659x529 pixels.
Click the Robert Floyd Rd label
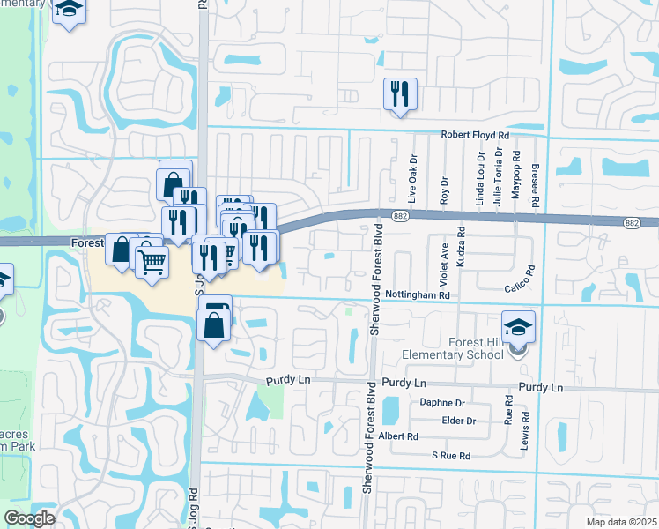476,135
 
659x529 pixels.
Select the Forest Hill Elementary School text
463,348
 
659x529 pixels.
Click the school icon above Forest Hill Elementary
519,326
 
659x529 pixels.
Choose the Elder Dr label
459,421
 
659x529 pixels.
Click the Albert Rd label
398,436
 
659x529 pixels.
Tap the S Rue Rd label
450,455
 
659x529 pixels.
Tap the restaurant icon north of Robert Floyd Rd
400,94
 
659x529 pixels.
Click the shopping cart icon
152,260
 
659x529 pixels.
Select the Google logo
29,518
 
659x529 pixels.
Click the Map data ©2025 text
622,522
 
